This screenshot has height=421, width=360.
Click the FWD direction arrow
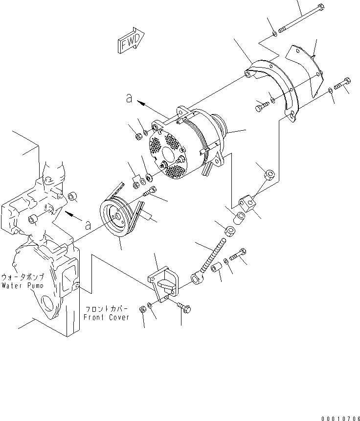(131, 41)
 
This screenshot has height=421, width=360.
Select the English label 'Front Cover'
(107, 317)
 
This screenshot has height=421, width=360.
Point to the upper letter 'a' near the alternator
(129, 98)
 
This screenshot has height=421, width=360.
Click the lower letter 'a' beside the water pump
(88, 225)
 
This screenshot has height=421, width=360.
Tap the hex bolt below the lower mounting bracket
(184, 308)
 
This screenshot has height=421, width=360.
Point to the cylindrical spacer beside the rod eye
(217, 268)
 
